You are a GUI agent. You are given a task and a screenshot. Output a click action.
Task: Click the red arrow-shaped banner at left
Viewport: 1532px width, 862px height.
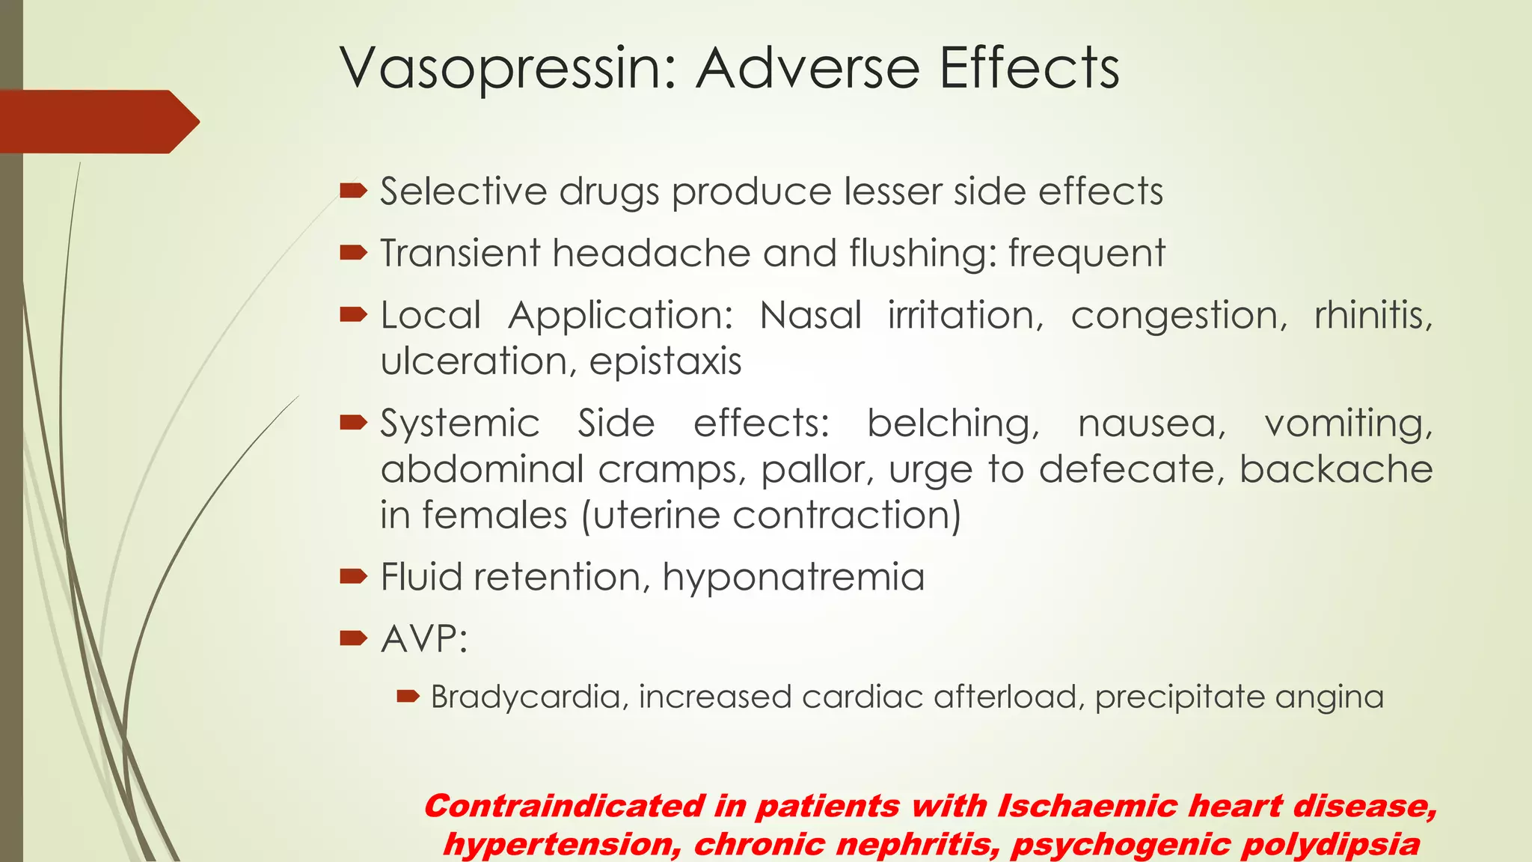pyautogui.click(x=97, y=121)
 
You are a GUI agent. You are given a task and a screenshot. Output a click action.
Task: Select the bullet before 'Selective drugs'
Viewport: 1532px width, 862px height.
pyautogui.click(x=353, y=191)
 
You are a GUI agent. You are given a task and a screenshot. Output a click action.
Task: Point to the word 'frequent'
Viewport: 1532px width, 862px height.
pyautogui.click(x=1086, y=253)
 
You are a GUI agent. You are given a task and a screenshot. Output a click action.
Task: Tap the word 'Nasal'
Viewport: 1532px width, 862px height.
pyautogui.click(x=811, y=315)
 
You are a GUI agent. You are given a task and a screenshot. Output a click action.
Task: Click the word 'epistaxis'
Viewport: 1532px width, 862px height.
pyautogui.click(x=665, y=361)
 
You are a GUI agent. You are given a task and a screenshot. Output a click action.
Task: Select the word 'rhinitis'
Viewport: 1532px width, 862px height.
pyautogui.click(x=1373, y=315)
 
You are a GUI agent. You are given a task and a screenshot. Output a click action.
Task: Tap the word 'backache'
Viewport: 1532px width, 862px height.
pyautogui.click(x=1336, y=470)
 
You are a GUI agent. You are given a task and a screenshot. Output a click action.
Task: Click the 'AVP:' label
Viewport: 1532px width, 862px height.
pyautogui.click(x=424, y=639)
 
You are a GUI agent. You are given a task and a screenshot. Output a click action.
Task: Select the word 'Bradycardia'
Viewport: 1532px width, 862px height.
pyautogui.click(x=528, y=697)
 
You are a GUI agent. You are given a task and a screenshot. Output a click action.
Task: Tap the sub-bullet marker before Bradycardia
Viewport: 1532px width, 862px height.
pyautogui.click(x=408, y=697)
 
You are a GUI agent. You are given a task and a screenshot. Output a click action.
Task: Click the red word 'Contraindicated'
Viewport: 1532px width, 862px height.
pyautogui.click(x=565, y=807)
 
